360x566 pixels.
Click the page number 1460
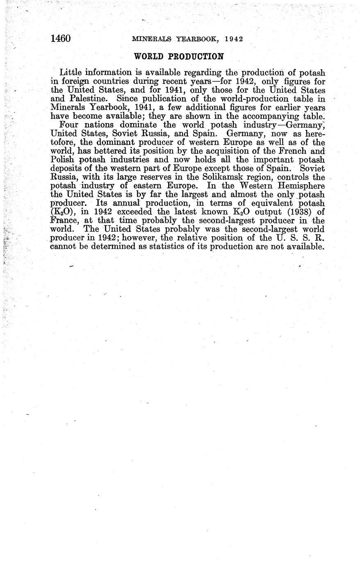[60, 39]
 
